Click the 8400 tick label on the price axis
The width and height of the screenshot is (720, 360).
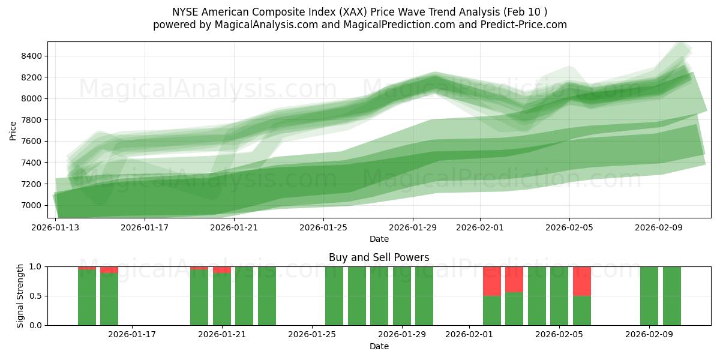[x=32, y=56]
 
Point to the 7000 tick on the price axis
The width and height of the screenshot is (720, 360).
[x=32, y=205]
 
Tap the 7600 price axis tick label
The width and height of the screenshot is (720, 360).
[x=32, y=142]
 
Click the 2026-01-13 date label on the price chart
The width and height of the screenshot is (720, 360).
[x=56, y=227]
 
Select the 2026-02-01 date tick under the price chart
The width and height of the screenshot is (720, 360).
[x=480, y=227]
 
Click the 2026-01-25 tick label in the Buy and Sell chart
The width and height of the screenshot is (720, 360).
[x=312, y=334]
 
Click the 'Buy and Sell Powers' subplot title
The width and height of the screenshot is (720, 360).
[x=379, y=257]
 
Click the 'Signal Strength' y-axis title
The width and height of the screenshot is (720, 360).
[x=20, y=296]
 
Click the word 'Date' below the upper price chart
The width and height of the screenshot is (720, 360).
[x=379, y=239]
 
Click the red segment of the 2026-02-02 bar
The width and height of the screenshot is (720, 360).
[x=492, y=281]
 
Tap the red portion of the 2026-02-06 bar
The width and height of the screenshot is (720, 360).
[x=582, y=281]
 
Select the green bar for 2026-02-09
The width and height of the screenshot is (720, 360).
[x=649, y=296]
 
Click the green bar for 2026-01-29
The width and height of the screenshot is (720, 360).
[x=402, y=296]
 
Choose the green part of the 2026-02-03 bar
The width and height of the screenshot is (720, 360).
[x=514, y=308]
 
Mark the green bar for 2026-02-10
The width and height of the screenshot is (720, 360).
[x=672, y=296]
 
